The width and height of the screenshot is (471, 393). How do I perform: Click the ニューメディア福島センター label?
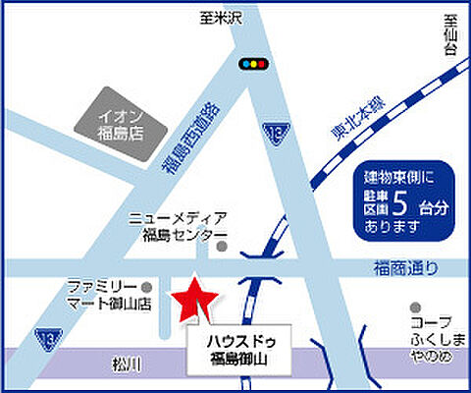coord(179,225)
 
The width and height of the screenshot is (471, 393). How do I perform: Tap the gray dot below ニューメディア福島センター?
coord(222,248)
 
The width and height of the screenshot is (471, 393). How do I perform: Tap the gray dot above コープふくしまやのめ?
coord(417,306)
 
